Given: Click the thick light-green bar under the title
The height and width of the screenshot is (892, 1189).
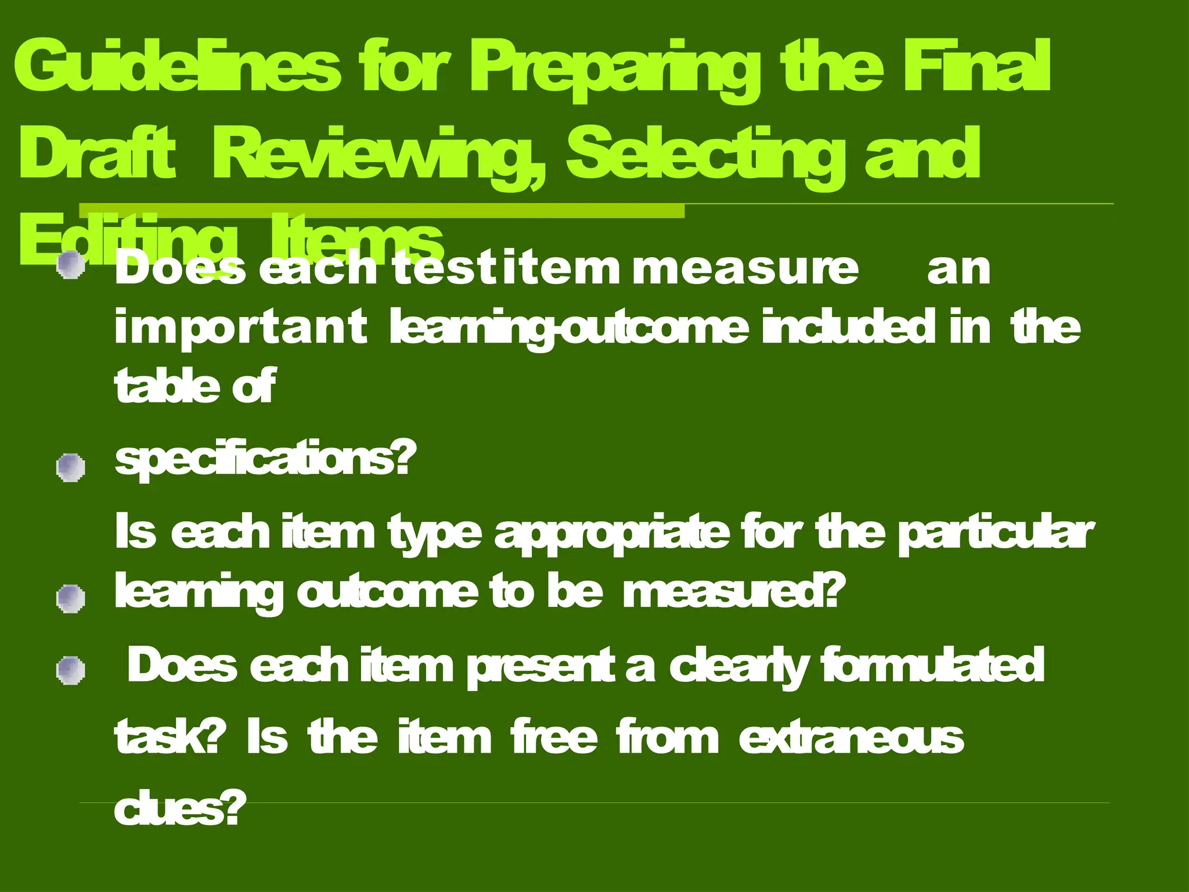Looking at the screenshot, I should (381, 211).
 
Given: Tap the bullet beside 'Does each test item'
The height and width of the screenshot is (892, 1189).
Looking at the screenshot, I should (71, 265).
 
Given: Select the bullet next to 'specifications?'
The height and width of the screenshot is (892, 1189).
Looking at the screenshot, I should (71, 467).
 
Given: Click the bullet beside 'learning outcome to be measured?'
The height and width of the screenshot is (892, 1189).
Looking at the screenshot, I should (71, 599).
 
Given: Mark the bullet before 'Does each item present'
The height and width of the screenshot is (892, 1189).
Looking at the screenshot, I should (71, 671).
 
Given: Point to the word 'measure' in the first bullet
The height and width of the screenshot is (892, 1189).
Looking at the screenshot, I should (745, 269).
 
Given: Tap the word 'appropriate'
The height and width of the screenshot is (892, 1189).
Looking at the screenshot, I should (611, 534).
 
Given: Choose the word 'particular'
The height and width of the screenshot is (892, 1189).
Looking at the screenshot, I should (995, 533).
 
